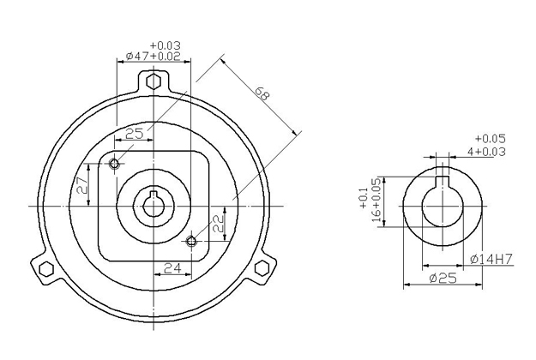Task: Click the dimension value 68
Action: click(x=262, y=93)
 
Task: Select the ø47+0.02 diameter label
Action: click(x=153, y=56)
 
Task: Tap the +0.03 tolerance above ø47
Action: click(x=166, y=45)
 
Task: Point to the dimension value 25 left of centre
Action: click(x=135, y=134)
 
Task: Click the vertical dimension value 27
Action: click(x=83, y=185)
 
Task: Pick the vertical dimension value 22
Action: click(x=219, y=224)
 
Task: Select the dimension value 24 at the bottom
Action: click(x=173, y=268)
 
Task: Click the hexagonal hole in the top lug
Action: click(x=154, y=81)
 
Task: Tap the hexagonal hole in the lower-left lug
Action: click(x=46, y=269)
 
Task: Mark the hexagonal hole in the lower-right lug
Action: click(x=262, y=268)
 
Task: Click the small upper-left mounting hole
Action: click(x=115, y=164)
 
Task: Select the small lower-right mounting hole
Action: click(x=191, y=242)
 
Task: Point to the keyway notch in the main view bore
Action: click(x=154, y=195)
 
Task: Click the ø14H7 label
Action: click(x=491, y=259)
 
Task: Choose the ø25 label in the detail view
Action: click(x=443, y=279)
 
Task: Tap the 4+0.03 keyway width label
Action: click(x=486, y=152)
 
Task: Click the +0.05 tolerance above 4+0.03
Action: click(x=491, y=138)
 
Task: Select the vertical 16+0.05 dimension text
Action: click(x=376, y=200)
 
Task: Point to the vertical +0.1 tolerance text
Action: click(x=363, y=198)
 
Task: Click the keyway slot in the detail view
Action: click(x=443, y=182)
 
